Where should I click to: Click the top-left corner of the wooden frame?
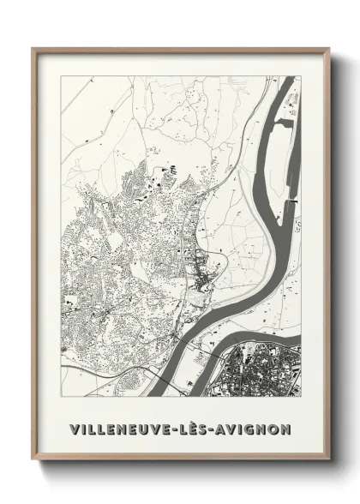click(x=33, y=49)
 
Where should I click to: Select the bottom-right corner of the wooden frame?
click(x=328, y=459)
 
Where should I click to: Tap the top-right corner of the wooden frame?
click(x=328, y=49)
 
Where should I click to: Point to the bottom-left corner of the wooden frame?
click(x=33, y=459)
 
